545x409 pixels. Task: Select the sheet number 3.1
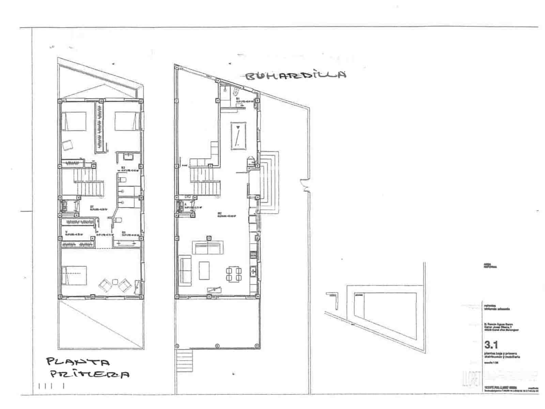click(491, 344)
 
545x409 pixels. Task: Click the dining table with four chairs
click(234, 274)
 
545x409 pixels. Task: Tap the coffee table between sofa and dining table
click(204, 270)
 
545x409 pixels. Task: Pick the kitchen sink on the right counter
click(253, 272)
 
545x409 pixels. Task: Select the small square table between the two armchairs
click(115, 282)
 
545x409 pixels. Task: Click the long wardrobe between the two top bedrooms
click(99, 128)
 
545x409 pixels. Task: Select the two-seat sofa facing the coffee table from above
click(208, 247)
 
